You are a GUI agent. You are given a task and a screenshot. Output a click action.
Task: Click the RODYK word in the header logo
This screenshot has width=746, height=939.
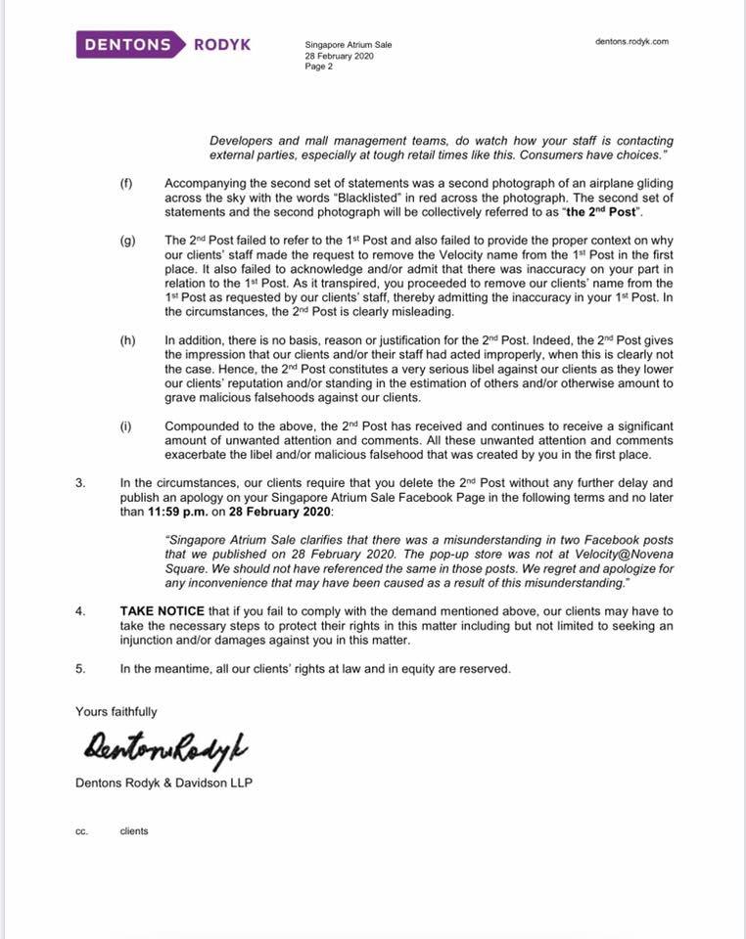pos(224,44)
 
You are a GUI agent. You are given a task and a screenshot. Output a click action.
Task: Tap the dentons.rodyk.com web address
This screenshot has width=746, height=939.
pos(631,42)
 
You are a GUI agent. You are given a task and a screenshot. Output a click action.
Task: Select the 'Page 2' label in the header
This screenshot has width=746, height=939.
pos(319,67)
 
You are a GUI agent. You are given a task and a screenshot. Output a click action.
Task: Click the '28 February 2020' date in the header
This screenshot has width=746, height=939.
pos(339,56)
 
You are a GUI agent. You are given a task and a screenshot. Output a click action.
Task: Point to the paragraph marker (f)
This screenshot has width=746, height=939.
pos(126,183)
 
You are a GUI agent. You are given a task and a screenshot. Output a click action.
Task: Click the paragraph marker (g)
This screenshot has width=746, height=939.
pos(126,240)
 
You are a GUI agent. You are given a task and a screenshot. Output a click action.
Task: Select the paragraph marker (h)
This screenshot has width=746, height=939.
pos(126,339)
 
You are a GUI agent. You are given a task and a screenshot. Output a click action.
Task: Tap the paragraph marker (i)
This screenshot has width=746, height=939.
pos(126,426)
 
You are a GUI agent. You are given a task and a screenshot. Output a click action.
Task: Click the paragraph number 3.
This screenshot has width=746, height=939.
pos(79,483)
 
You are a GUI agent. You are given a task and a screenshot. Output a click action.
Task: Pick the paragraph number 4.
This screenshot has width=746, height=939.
pos(79,611)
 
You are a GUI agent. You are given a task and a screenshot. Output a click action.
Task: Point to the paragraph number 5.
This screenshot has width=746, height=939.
pos(79,669)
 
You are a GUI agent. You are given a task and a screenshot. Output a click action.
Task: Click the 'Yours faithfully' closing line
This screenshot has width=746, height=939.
pos(116,712)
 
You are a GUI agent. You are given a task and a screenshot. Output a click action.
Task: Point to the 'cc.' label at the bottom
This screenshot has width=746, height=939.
pos(81,831)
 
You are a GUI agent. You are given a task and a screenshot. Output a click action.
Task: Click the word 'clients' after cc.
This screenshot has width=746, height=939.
pos(134,831)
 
